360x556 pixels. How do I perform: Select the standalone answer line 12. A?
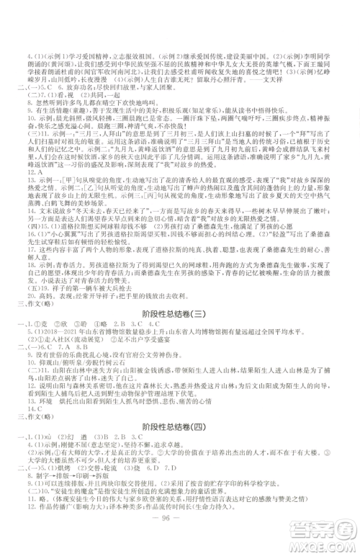tap(32, 174)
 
